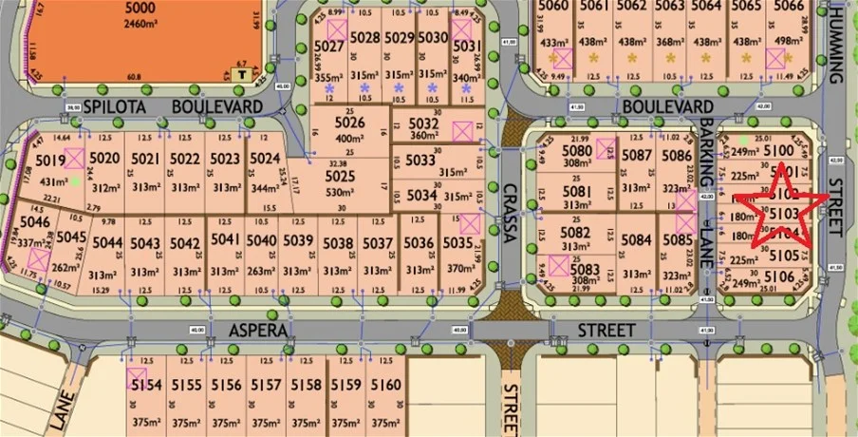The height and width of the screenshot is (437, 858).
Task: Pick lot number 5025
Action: [340, 175]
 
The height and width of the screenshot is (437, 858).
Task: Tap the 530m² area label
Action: [340, 192]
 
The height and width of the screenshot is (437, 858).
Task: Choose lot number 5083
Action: [587, 269]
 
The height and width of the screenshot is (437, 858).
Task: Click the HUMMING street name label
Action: [835, 42]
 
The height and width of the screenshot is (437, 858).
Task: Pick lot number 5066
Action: [789, 7]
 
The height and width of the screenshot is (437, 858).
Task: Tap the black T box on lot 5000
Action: [242, 71]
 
